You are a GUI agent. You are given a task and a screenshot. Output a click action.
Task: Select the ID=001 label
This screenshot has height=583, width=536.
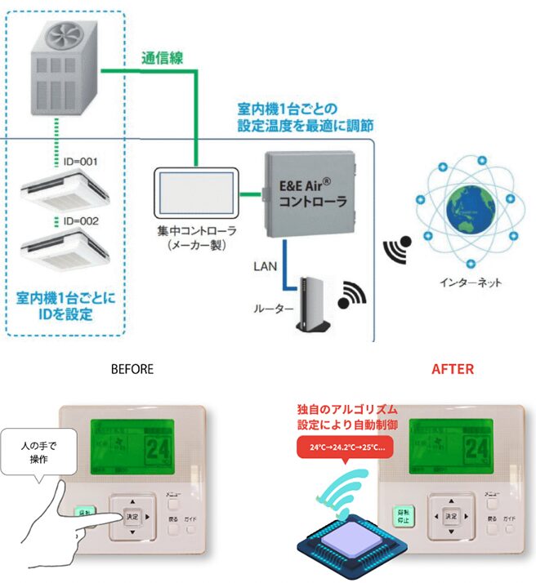pos(80,162)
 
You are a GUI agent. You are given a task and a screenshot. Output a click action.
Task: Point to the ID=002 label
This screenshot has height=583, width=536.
pos(80,221)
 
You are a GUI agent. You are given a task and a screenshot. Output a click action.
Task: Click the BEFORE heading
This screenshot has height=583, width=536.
pos(132,369)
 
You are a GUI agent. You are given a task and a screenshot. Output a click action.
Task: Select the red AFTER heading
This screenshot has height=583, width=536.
pos(452,369)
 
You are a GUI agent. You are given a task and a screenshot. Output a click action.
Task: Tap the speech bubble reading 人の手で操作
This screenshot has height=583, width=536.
pos(40,454)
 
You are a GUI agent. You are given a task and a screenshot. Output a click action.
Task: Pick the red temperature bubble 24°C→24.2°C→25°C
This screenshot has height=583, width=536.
pos(346,448)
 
